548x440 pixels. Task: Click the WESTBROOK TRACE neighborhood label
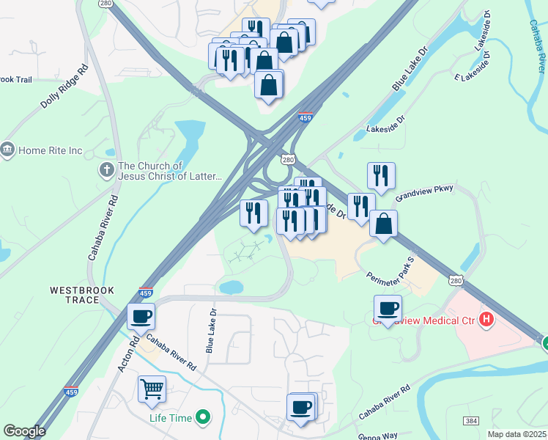click(x=83, y=296)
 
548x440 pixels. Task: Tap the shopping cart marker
click(x=152, y=389)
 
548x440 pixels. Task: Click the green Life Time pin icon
click(x=204, y=418)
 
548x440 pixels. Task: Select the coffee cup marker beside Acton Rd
click(x=141, y=316)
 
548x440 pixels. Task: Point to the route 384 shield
click(x=472, y=420)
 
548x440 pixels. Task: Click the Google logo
click(x=24, y=430)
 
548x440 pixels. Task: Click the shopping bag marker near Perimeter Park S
click(x=383, y=224)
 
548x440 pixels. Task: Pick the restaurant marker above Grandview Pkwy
click(x=381, y=176)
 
